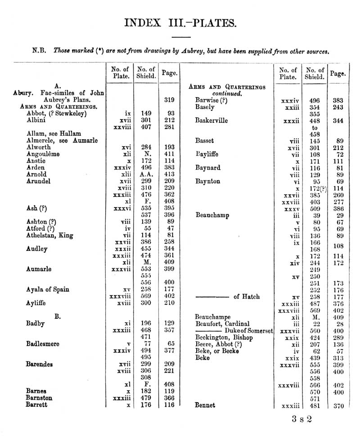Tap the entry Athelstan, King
tap(49, 235)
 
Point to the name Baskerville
tap(211, 120)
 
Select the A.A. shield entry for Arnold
tap(145, 174)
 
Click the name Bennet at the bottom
tap(205, 405)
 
